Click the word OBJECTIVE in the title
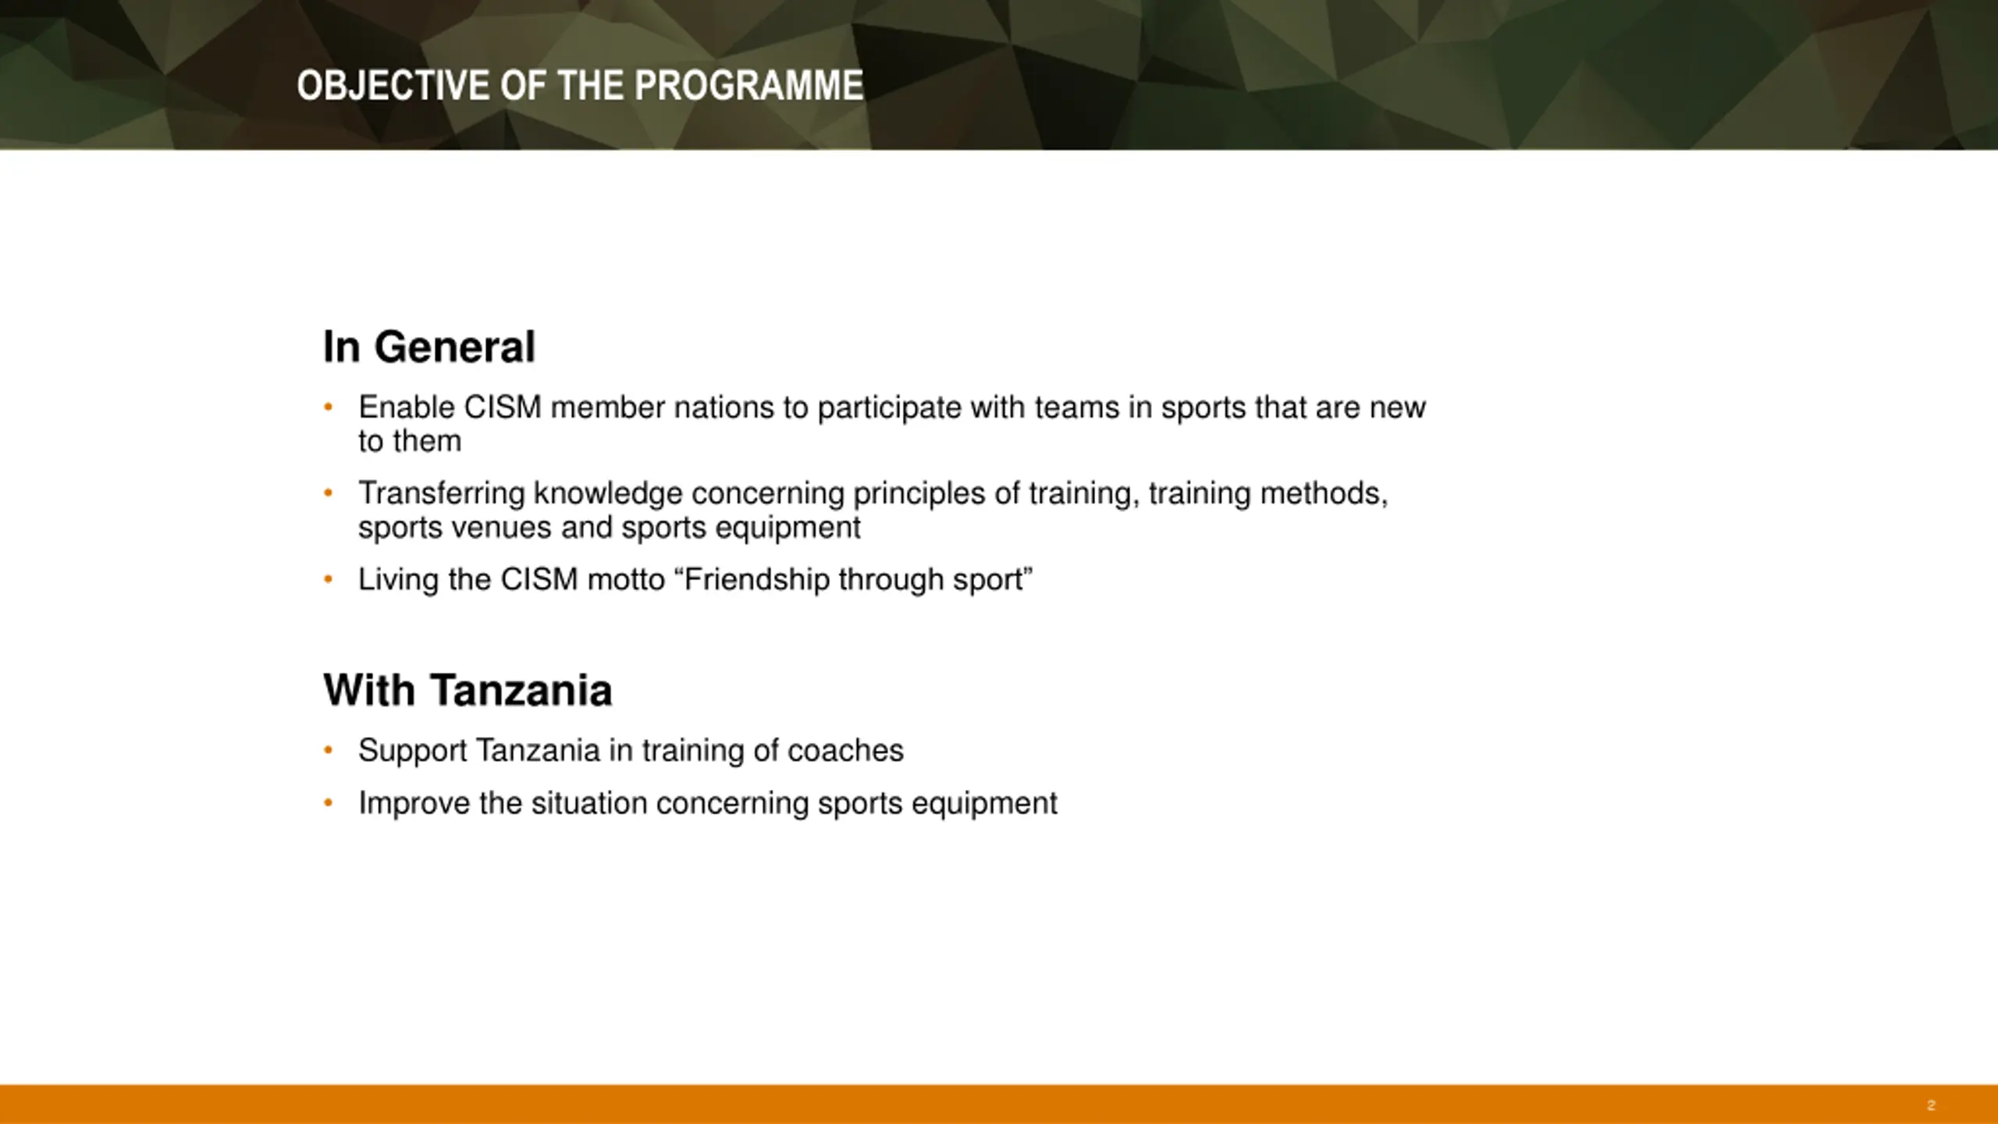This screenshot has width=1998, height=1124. (x=394, y=86)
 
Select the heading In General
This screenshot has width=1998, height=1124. (x=429, y=347)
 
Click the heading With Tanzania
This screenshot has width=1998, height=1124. (x=468, y=690)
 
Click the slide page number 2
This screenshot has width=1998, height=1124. (x=1931, y=1105)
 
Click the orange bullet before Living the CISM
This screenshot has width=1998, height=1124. (x=329, y=579)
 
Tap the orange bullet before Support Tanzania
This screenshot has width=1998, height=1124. (x=329, y=750)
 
